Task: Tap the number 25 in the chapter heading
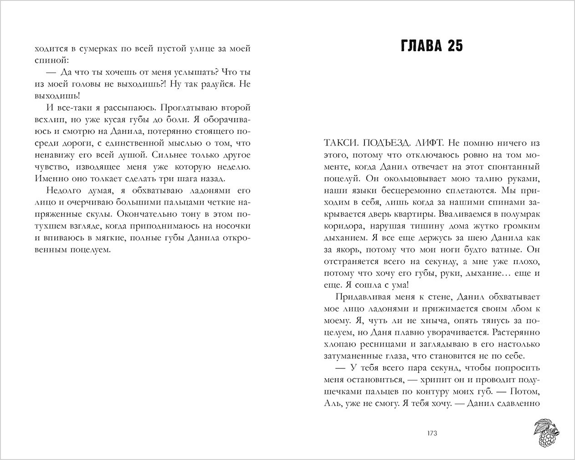(x=453, y=46)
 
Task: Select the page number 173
(x=432, y=433)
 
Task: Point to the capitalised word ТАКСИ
(x=338, y=143)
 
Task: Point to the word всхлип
(x=50, y=120)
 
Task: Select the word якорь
(x=345, y=250)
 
